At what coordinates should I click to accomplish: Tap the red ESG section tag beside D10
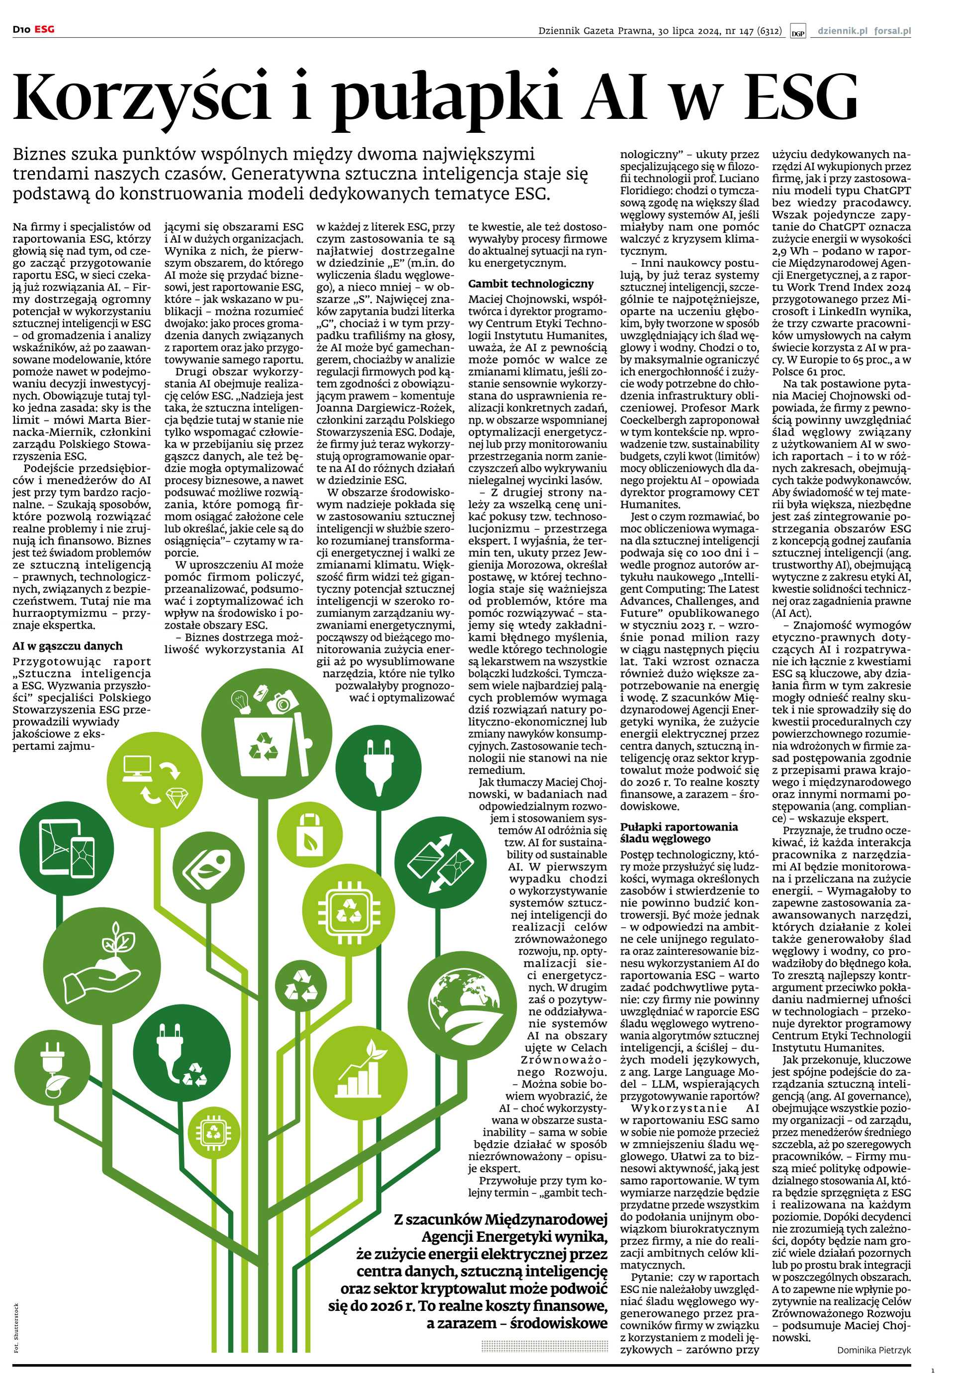[44, 29]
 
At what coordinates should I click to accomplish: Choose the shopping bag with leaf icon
[309, 833]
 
